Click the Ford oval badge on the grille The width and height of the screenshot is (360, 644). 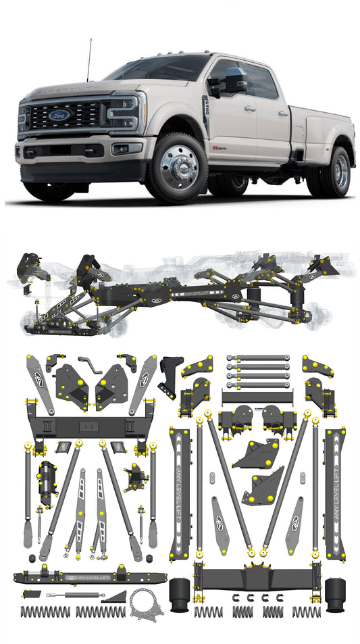(x=59, y=115)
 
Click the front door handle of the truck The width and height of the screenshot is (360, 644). (x=250, y=107)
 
